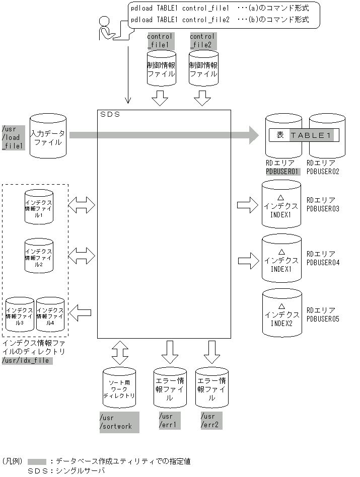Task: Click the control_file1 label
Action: (161, 40)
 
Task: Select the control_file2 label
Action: (203, 40)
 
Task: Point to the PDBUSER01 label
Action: (282, 171)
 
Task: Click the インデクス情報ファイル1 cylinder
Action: (39, 207)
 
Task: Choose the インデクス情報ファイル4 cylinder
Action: (50, 314)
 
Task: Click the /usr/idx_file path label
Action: (27, 361)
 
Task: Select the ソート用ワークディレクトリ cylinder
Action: (119, 387)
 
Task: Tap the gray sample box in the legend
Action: (37, 461)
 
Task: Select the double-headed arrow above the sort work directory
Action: (120, 353)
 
